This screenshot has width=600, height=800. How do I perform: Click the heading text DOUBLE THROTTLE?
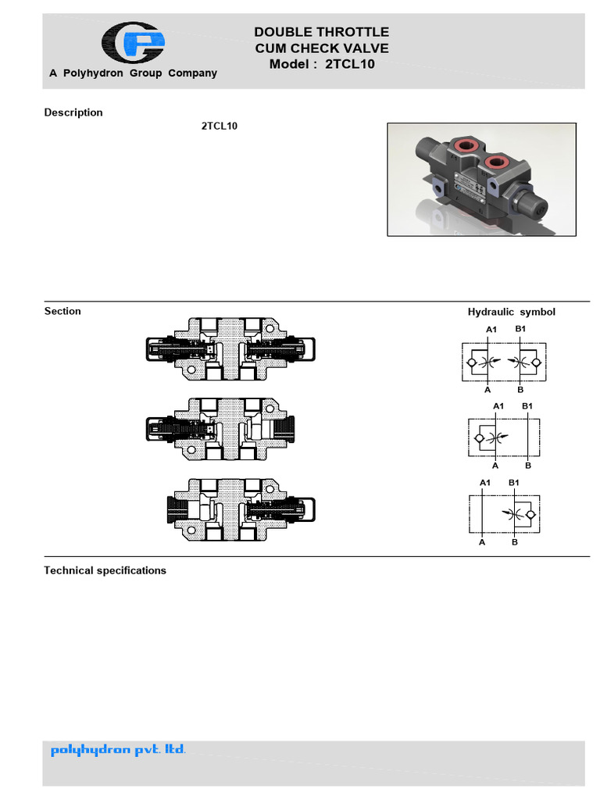pyautogui.click(x=321, y=32)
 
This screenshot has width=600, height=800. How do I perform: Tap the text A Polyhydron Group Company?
pyautogui.click(x=133, y=73)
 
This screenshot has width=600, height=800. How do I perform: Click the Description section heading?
pyautogui.click(x=73, y=112)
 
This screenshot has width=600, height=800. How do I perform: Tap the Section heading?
pyautogui.click(x=62, y=311)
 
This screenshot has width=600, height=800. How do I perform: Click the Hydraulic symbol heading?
pyautogui.click(x=511, y=312)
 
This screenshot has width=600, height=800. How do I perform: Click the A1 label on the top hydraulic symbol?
pyautogui.click(x=491, y=330)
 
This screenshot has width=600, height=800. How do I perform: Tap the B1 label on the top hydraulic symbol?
pyautogui.click(x=520, y=329)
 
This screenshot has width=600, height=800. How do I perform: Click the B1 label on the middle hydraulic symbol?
pyautogui.click(x=527, y=405)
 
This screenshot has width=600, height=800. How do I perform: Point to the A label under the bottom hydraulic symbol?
pyautogui.click(x=482, y=541)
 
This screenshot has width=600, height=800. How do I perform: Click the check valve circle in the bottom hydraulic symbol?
pyautogui.click(x=530, y=514)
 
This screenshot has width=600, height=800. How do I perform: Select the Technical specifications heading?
pyautogui.click(x=105, y=570)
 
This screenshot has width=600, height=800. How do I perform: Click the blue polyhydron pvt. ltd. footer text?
pyautogui.click(x=118, y=751)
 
